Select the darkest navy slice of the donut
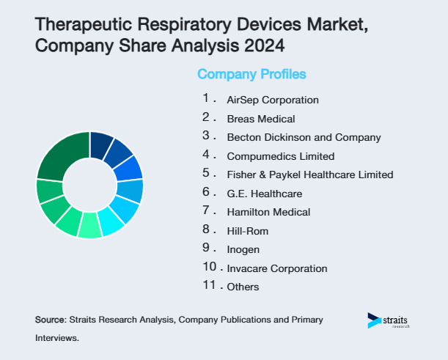[101, 145]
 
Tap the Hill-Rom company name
[247, 231]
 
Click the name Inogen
[243, 249]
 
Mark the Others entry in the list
[243, 287]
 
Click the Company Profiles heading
[251, 74]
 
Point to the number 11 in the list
[210, 285]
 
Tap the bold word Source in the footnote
[50, 320]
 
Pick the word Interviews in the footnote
[56, 339]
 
